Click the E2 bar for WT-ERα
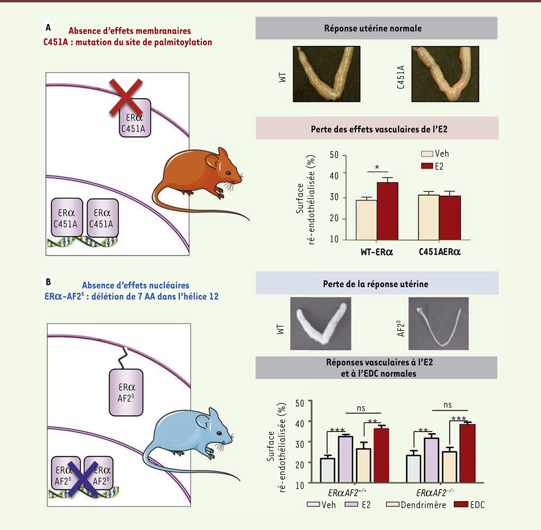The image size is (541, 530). pos(388,211)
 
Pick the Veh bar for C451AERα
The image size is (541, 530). pos(428,217)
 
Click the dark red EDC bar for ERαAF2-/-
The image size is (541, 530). pos(467,453)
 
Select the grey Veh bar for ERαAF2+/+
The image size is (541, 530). pos(328,470)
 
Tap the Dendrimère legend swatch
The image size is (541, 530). pos(393,505)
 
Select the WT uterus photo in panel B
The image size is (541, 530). pos(321,323)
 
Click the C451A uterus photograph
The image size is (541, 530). pos(445,74)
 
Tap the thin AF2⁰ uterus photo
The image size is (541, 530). pos(438,323)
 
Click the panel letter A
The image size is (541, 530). pos(48,28)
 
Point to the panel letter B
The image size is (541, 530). pos(48,282)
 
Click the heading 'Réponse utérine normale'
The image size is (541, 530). pos(373,28)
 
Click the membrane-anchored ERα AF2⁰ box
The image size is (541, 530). pos(126,393)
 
